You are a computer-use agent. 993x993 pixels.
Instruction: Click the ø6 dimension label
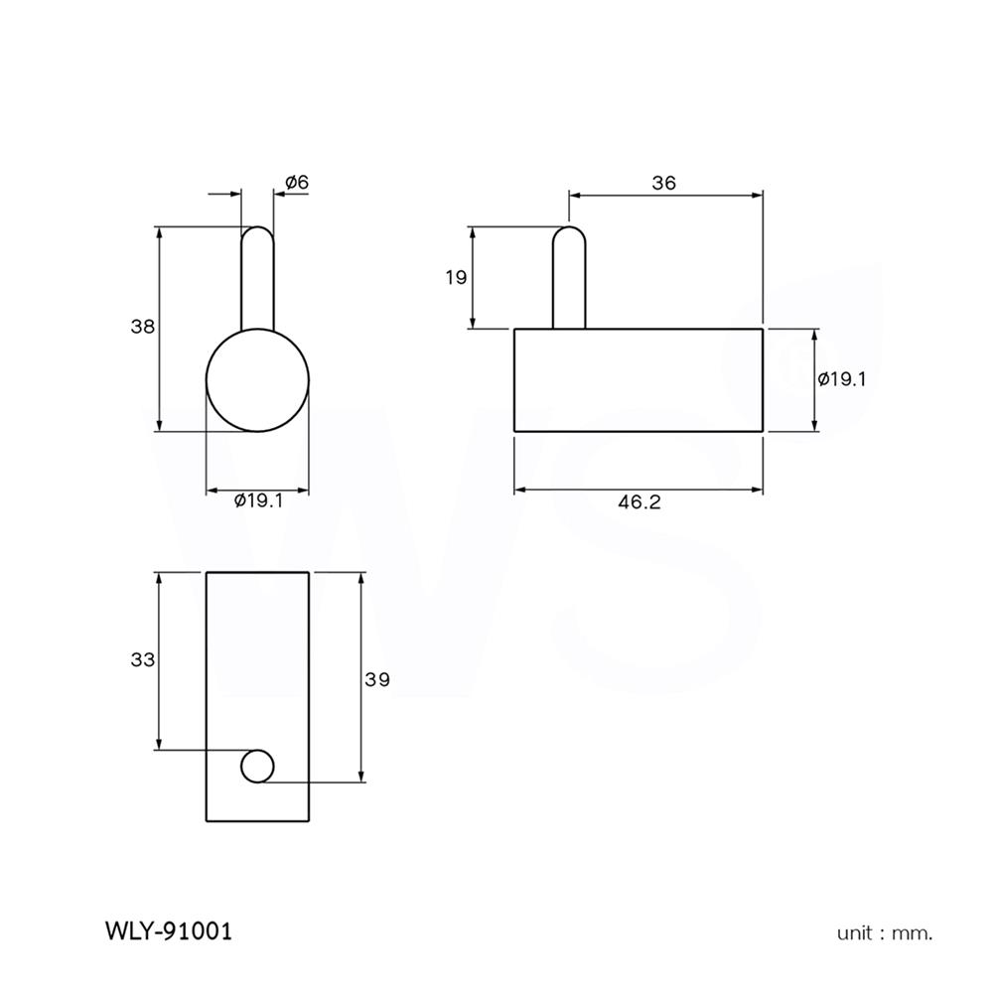coord(297,182)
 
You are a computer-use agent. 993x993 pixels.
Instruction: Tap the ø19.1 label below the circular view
coord(259,501)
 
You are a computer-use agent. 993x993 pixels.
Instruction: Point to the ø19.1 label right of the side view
coord(842,378)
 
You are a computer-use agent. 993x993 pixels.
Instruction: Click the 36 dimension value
coord(663,182)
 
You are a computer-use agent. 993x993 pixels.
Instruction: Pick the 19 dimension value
coord(456,277)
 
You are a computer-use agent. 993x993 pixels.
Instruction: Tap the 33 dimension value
coord(144,658)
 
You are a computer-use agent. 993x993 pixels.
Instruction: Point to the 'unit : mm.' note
coord(885,932)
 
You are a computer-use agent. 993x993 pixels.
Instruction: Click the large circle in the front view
coord(257,379)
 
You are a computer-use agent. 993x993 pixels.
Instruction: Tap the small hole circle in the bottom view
coord(257,766)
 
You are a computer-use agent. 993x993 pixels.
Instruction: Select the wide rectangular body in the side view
coord(638,379)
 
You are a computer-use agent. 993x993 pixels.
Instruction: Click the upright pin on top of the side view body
coord(569,278)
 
